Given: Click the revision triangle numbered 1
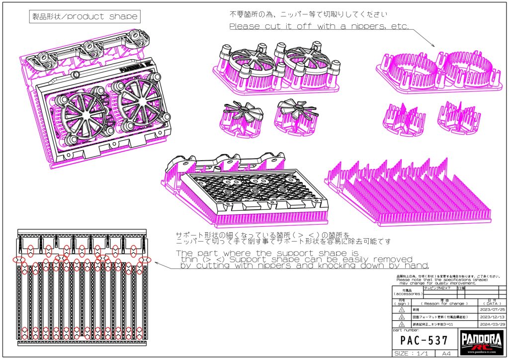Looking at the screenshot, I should [x=402, y=309].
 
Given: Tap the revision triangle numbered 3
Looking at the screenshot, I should [x=402, y=324].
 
